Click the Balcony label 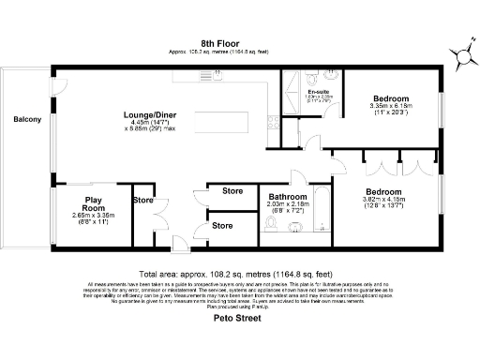(x=27, y=119)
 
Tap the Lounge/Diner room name (x=153, y=115)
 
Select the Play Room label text (x=94, y=203)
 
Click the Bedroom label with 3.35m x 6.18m (x=390, y=98)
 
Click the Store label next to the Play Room (x=142, y=200)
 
